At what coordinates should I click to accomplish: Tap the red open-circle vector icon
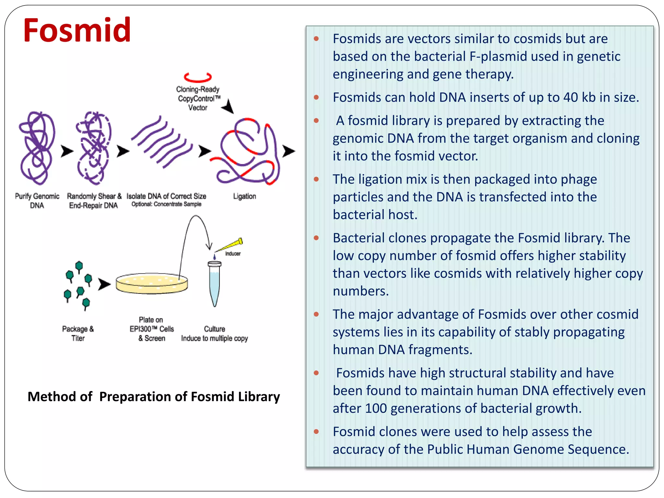point(197,77)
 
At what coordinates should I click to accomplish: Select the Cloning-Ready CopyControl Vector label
point(198,98)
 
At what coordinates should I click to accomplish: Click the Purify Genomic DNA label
point(37,201)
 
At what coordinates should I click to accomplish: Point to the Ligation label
point(244,196)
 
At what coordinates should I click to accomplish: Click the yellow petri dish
point(152,283)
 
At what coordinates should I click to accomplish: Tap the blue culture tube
point(214,283)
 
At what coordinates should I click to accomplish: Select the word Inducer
point(233,254)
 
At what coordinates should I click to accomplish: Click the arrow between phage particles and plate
point(104,284)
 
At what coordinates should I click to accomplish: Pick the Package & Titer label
point(78,333)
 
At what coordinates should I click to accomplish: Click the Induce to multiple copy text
point(214,338)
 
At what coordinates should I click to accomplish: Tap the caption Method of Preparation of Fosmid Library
point(154,397)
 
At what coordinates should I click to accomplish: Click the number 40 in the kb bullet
point(570,97)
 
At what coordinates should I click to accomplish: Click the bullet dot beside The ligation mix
point(316,179)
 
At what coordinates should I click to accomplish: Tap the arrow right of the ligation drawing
point(288,151)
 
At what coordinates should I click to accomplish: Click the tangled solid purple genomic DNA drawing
point(37,148)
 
